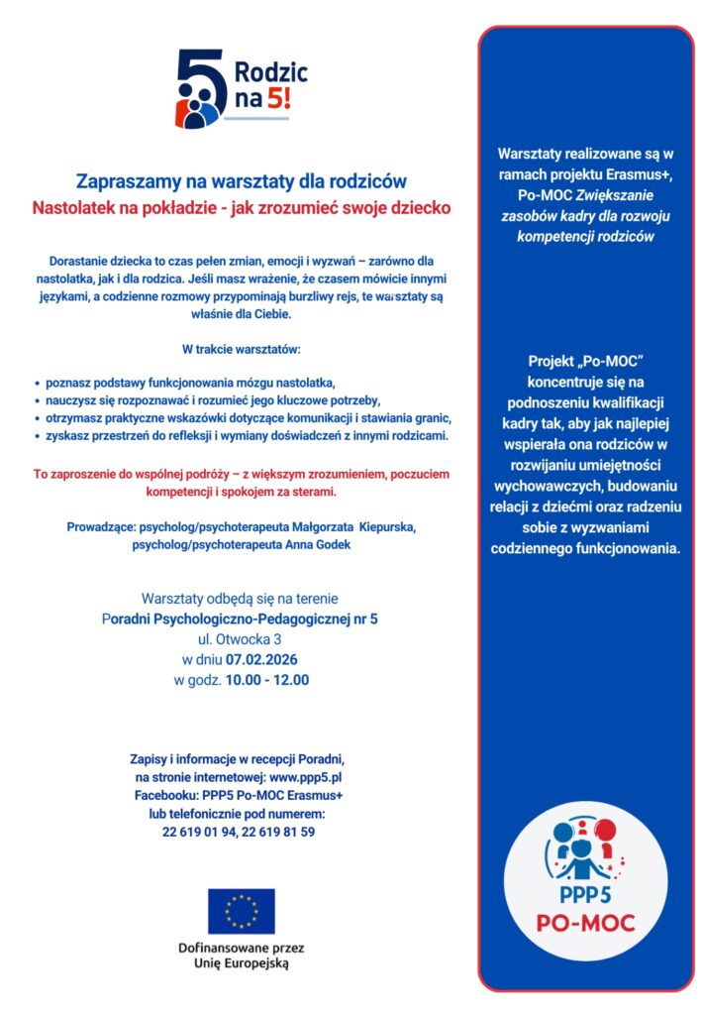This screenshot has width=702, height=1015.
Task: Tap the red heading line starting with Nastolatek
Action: pos(242,208)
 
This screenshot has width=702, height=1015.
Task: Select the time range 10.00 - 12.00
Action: pos(267,680)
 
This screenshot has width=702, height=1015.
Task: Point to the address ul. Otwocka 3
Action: pos(241,638)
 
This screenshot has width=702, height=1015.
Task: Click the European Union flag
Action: pos(241,911)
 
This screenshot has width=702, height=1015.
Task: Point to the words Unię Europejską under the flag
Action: pos(241,962)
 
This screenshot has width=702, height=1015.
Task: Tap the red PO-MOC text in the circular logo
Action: pos(585,924)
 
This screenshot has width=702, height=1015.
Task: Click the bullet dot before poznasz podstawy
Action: pos(37,382)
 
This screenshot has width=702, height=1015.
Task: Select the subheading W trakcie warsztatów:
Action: pos(241,349)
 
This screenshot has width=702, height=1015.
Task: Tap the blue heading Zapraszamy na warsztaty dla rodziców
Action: pos(242,181)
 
